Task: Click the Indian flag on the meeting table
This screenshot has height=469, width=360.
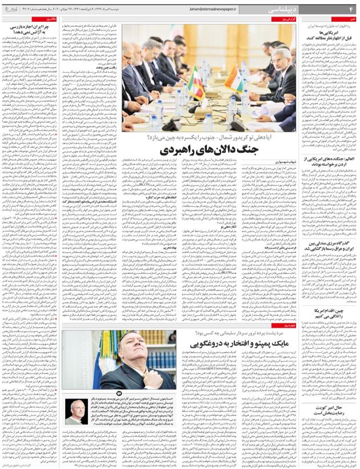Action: pos(234,77)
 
